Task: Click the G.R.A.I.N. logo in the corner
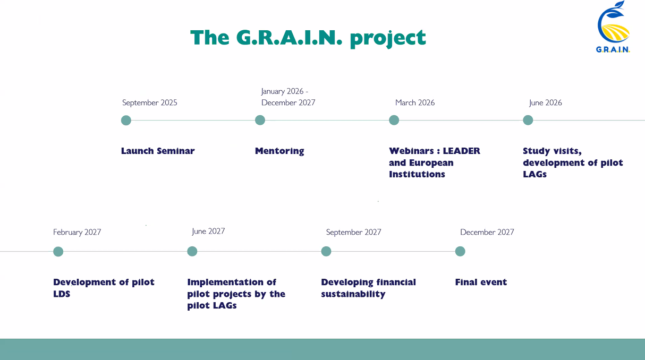coord(613,27)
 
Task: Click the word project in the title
coord(388,38)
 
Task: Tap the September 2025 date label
coord(149,102)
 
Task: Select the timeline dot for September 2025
coord(126,121)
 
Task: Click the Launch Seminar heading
coord(158,151)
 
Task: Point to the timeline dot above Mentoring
coord(260,120)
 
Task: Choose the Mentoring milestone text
coord(279,151)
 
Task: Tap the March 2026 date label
coord(415,102)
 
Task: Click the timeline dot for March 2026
coord(394,120)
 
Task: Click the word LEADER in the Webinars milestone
coord(462,151)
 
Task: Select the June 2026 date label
coord(545,102)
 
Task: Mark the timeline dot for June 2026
coord(528,120)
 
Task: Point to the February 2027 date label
coord(77,232)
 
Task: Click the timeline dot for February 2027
coord(58,252)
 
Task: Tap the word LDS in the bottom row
coord(62,294)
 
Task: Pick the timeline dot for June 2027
coord(192,251)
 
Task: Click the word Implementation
coord(225,282)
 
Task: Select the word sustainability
coord(353,294)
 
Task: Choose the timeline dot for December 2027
coord(460,251)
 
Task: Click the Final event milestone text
coord(481,282)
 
